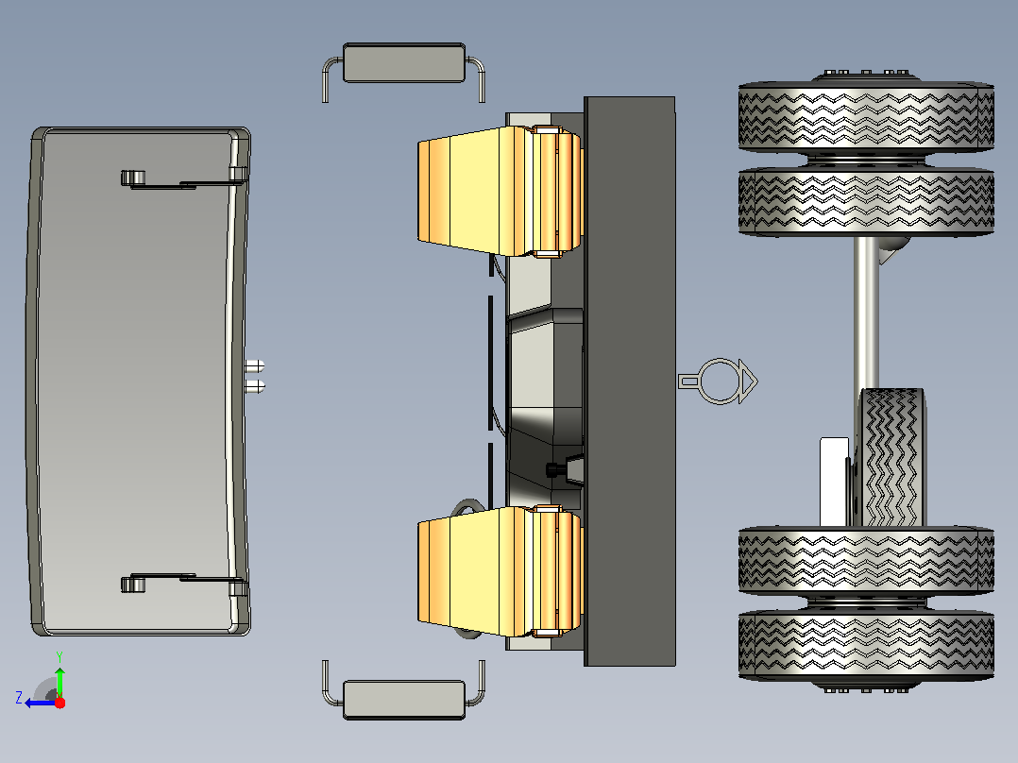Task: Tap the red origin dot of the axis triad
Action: tap(59, 703)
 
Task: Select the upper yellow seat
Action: tap(500, 191)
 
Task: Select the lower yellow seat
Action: tap(500, 571)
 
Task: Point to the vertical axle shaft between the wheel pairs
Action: tap(866, 312)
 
